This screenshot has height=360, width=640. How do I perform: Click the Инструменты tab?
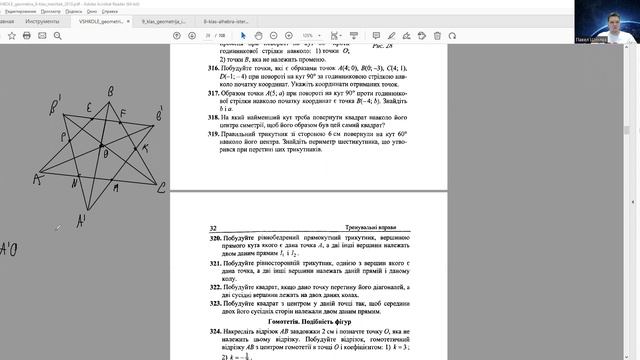point(43,19)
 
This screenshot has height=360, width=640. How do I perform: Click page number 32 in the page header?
point(213,228)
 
